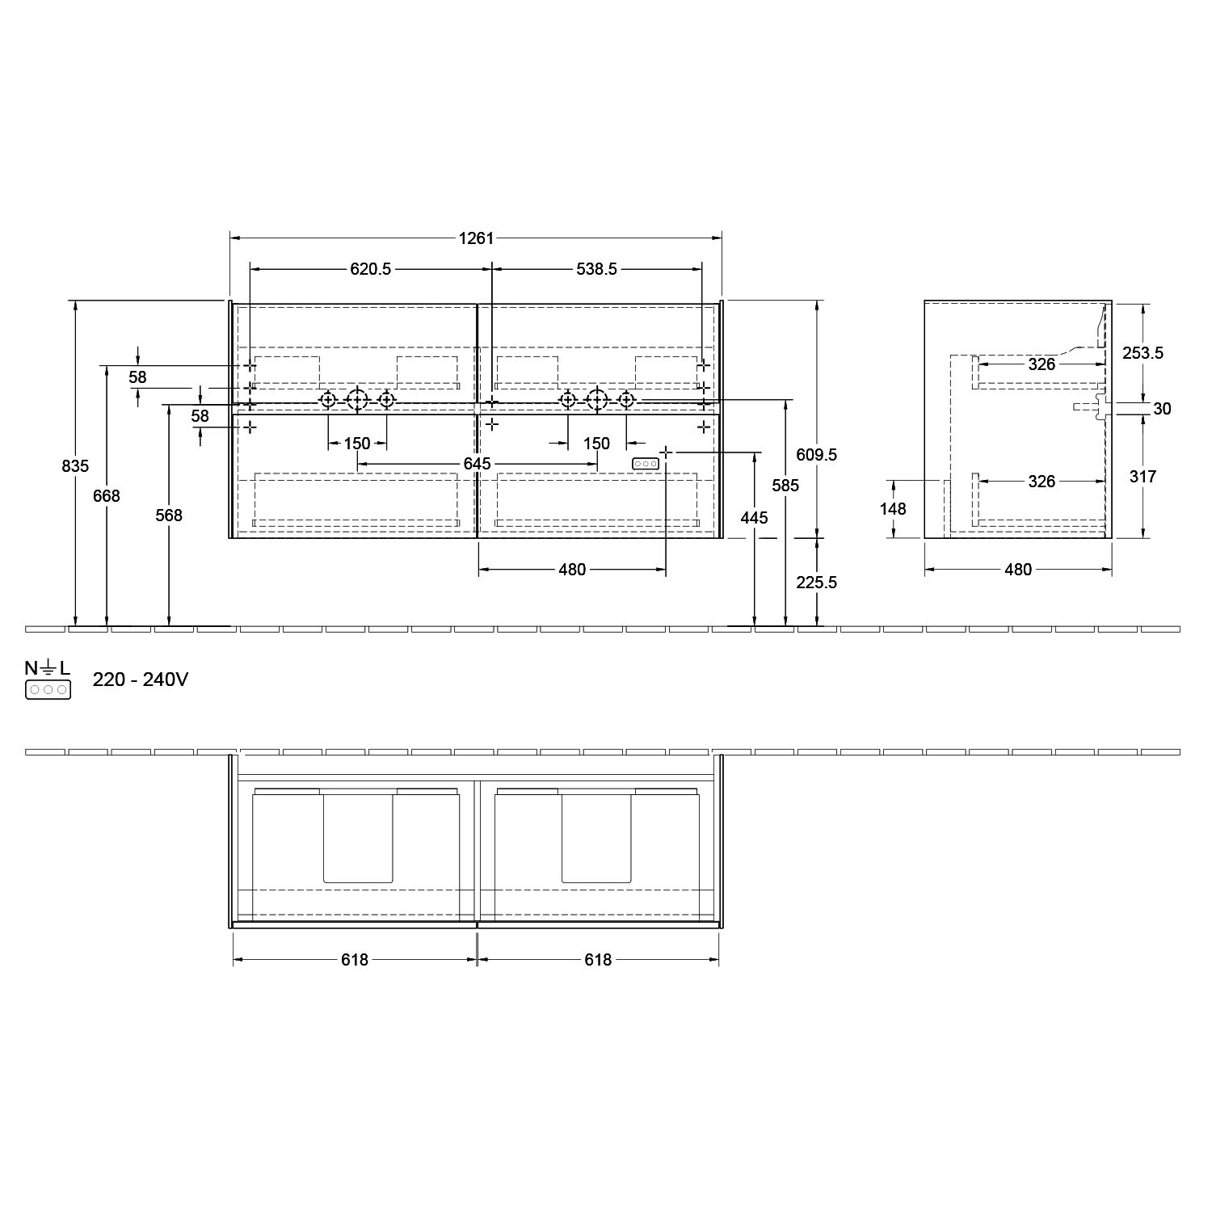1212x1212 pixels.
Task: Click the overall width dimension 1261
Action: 476,238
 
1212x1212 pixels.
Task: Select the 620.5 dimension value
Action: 371,269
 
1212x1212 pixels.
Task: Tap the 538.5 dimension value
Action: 597,269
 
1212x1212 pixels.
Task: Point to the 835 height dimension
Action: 75,466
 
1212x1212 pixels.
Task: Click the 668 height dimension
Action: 107,496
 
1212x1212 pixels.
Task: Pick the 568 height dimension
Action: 169,516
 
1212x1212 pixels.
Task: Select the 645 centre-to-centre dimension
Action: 478,464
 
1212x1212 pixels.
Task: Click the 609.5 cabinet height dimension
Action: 817,455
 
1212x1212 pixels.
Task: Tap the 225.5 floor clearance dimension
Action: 817,583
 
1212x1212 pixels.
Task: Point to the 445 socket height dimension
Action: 754,517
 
